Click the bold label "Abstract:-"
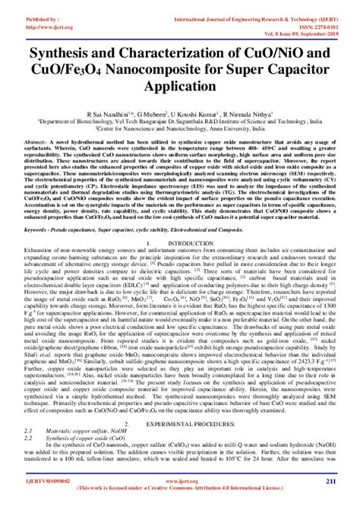point(39,142)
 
